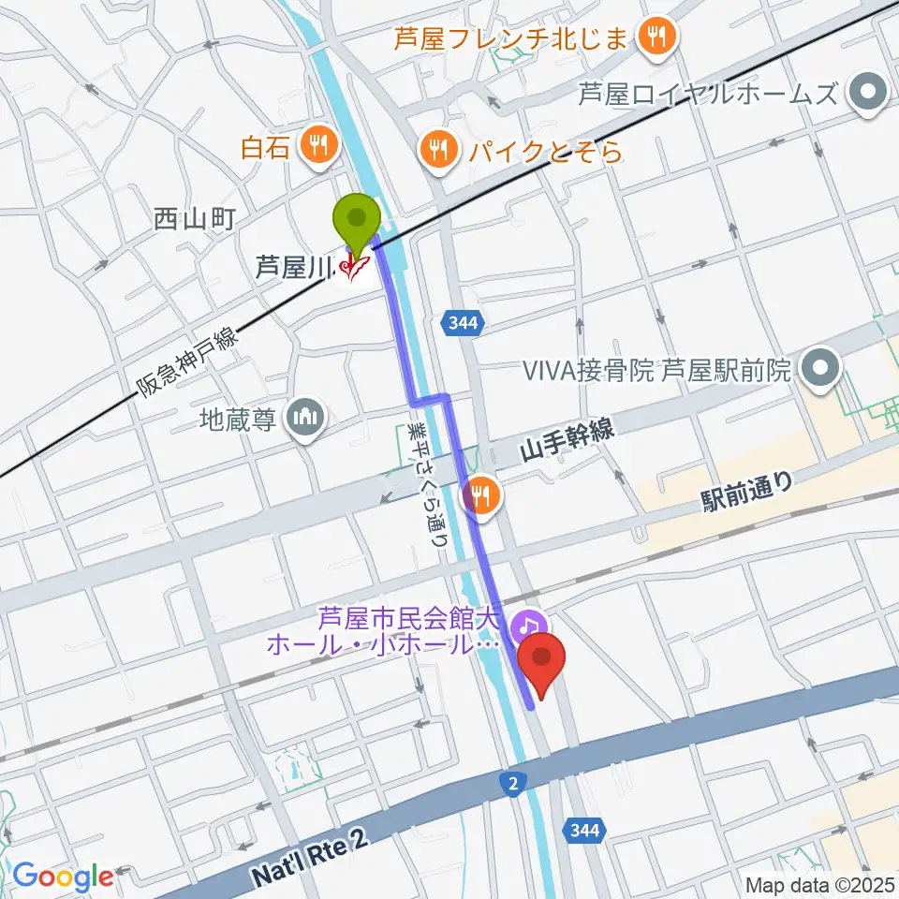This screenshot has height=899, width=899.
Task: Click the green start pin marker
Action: tap(358, 220)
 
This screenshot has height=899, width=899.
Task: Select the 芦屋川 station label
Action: tap(295, 269)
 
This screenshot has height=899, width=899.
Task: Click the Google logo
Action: tap(63, 876)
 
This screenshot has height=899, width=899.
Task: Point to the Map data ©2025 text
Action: tap(820, 883)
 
